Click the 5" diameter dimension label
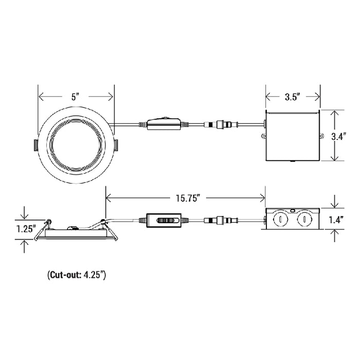coord(75,97)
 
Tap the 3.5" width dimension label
coord(293,97)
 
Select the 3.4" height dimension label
coord(338,137)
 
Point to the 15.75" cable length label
coord(187,198)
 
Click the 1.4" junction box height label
coord(336,220)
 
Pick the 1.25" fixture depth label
coord(26,229)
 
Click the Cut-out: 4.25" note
coord(77,275)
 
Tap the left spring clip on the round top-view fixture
coord(35,146)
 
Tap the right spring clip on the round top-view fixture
coord(116,146)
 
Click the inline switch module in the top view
coord(164,124)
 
